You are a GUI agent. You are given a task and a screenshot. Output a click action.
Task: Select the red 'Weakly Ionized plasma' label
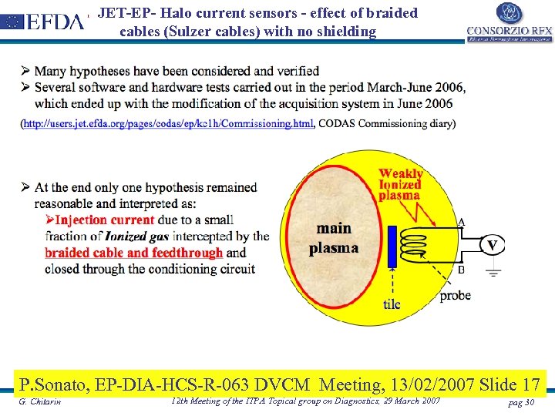coord(400,184)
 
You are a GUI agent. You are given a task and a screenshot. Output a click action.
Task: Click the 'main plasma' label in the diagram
coord(333,238)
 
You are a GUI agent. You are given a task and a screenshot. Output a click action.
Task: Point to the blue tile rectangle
coord(392,246)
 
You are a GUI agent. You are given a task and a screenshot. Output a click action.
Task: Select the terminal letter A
coord(461,222)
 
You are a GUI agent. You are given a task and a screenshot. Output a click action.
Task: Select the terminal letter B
coord(461,270)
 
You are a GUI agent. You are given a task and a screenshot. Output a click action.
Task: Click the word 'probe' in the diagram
coord(455,295)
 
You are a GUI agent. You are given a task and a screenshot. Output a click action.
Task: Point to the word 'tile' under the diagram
coord(392,304)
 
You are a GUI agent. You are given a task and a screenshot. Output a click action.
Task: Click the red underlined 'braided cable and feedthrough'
coord(133,253)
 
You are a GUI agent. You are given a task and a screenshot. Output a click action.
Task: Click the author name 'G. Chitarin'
coord(40,402)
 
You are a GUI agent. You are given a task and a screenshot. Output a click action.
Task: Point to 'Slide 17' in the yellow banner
coord(509,384)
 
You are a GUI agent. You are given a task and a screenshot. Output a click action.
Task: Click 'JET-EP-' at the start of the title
coord(125,13)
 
